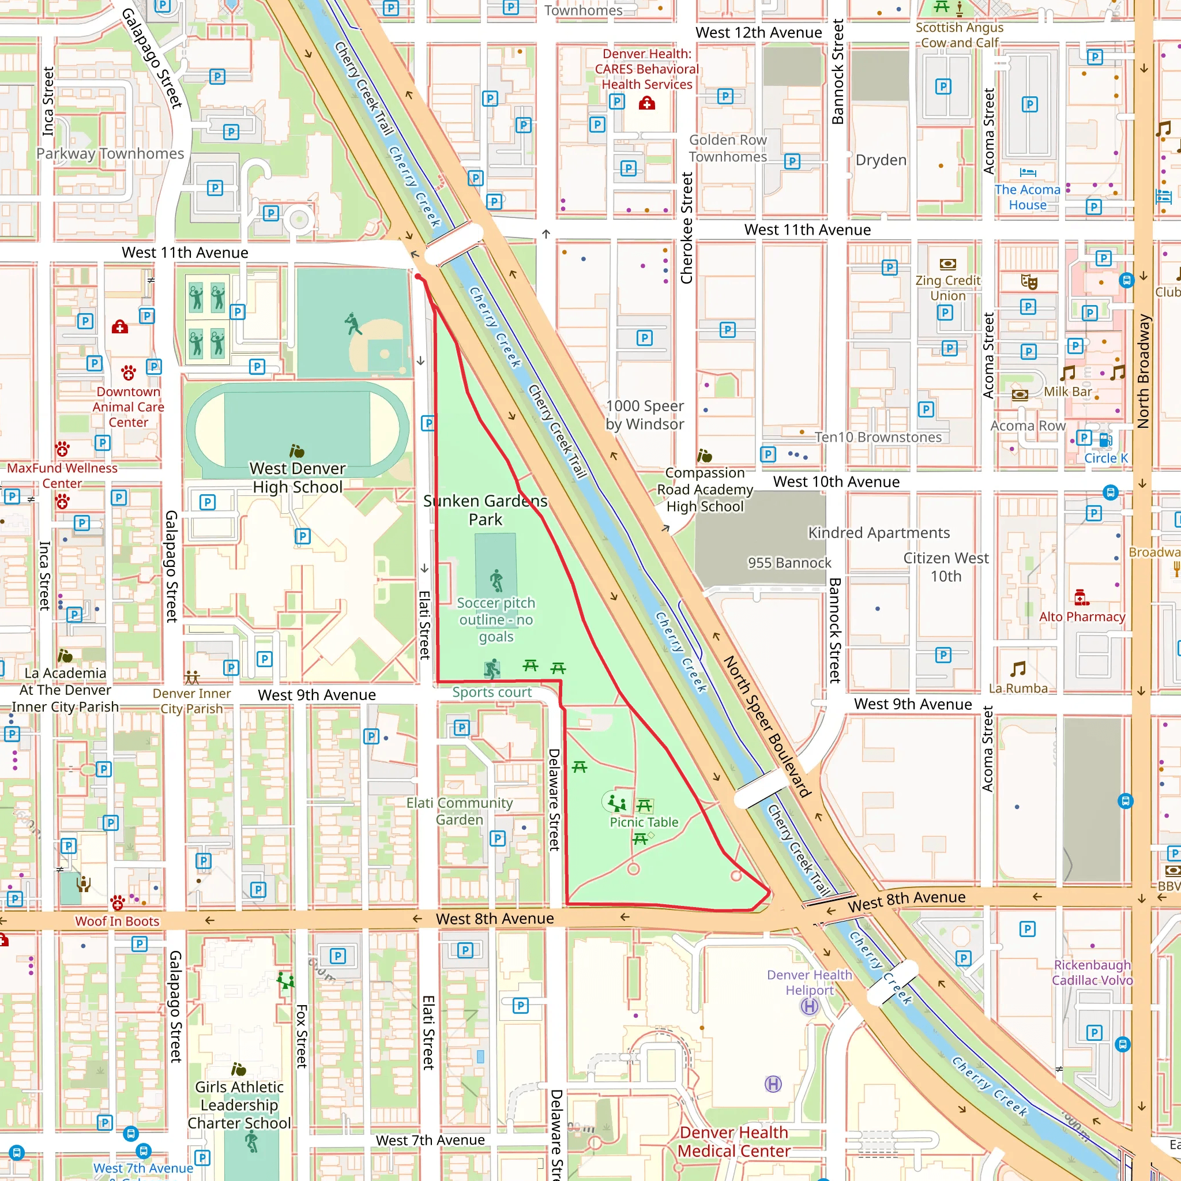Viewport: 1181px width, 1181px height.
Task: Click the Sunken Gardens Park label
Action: coord(486,510)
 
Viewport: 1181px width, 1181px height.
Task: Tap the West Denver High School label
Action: coord(298,477)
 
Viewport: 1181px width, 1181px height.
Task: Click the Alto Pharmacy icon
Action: coord(1081,597)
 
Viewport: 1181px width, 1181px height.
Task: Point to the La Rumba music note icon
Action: coord(1018,669)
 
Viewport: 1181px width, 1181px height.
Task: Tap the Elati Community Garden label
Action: coord(459,811)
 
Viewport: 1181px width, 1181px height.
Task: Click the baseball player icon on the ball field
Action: coord(353,324)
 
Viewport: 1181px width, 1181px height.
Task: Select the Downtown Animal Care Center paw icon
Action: coord(128,372)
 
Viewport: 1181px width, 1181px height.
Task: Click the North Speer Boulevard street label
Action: coord(766,726)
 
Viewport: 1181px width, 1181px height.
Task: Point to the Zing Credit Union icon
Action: coord(947,264)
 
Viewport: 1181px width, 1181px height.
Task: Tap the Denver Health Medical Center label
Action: coord(734,1141)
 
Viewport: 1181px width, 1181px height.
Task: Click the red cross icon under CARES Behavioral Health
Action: coord(647,103)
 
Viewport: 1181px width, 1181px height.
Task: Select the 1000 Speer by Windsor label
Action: coord(644,415)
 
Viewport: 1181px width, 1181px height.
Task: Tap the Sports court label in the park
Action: coord(491,692)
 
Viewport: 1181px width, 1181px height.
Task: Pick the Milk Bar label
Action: coord(1067,391)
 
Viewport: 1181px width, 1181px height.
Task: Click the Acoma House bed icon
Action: coord(1028,173)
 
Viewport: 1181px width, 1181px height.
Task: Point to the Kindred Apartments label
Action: coord(878,532)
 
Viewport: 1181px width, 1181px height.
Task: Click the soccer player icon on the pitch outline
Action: coord(497,580)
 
